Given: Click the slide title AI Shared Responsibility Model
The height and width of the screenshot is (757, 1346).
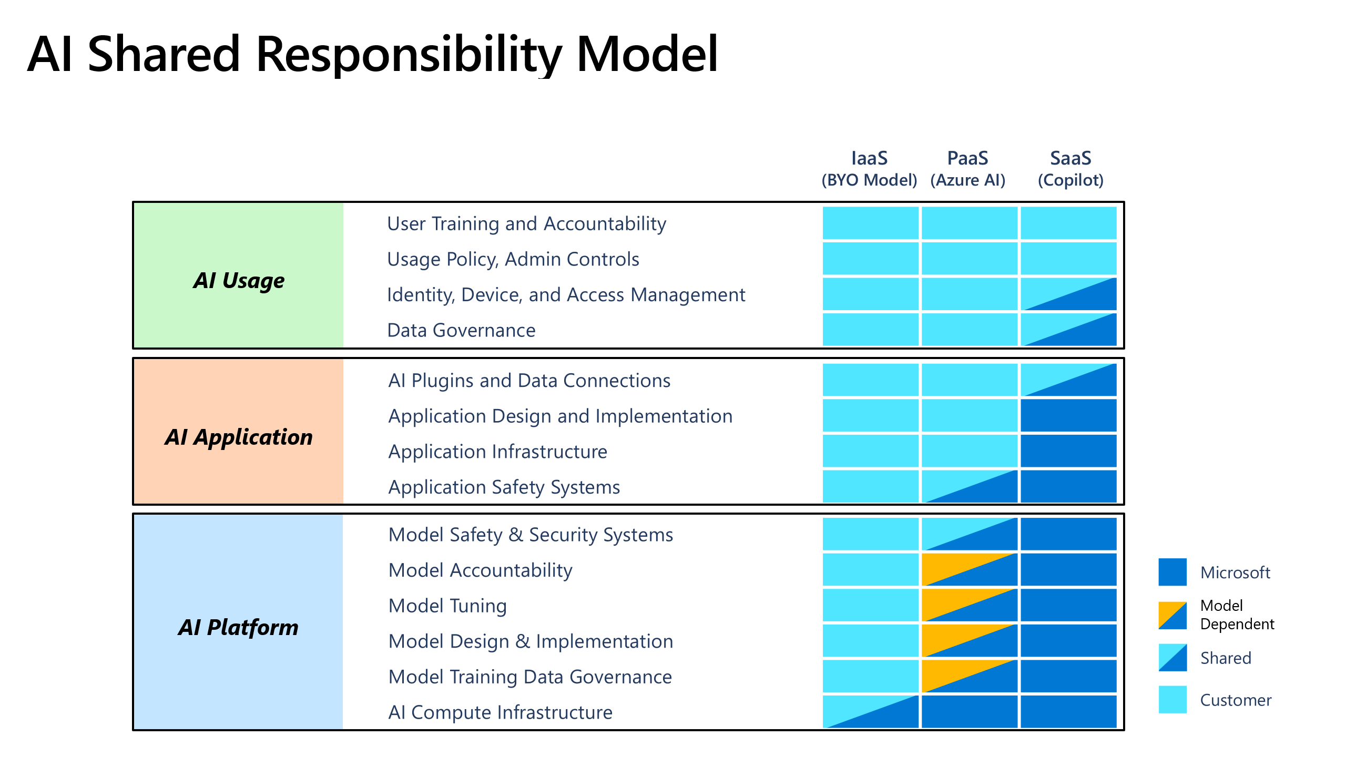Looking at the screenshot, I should pyautogui.click(x=372, y=54).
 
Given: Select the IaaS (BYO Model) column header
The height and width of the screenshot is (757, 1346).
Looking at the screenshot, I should pyautogui.click(x=869, y=169).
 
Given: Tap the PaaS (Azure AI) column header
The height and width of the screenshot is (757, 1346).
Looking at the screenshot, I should pyautogui.click(x=967, y=169).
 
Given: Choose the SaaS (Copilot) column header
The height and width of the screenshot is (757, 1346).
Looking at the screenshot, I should pyautogui.click(x=1070, y=169).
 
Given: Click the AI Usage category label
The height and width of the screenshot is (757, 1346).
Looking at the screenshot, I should pyautogui.click(x=239, y=280).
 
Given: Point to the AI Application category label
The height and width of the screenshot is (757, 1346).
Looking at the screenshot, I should pyautogui.click(x=239, y=437).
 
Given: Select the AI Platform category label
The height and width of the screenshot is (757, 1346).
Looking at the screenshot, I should pyautogui.click(x=238, y=627).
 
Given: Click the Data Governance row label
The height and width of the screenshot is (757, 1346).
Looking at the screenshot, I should pyautogui.click(x=461, y=330).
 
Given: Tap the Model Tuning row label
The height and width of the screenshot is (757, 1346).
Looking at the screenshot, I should pyautogui.click(x=447, y=606).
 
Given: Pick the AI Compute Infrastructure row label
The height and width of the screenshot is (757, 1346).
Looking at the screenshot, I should pyautogui.click(x=500, y=712).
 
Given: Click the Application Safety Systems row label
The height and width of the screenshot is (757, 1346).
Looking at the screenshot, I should pyautogui.click(x=504, y=487).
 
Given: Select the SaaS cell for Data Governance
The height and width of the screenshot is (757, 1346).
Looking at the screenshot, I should pyautogui.click(x=1068, y=330).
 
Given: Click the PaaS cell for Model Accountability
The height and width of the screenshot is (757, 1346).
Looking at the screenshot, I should pyautogui.click(x=970, y=569).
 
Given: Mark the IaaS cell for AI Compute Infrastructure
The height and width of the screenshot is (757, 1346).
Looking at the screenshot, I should pyautogui.click(x=870, y=712).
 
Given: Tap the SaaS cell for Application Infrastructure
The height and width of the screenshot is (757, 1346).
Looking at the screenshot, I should pyautogui.click(x=1068, y=451).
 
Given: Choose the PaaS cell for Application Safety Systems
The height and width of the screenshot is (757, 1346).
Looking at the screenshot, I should pyautogui.click(x=970, y=486).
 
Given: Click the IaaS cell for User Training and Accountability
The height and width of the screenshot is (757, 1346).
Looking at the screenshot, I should pyautogui.click(x=870, y=223).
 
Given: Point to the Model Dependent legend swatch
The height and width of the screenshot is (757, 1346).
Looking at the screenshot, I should pyautogui.click(x=1172, y=615).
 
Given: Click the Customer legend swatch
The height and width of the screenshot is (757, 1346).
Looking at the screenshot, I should pyautogui.click(x=1172, y=699).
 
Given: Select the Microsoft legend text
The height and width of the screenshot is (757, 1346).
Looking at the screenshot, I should pyautogui.click(x=1235, y=572).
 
